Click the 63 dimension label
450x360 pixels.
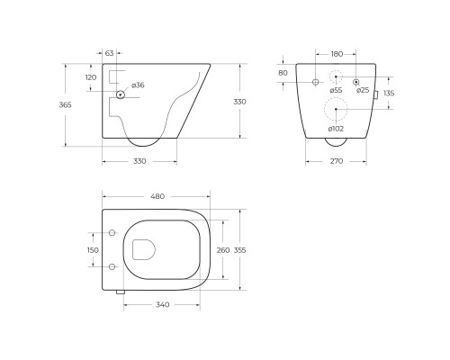coord(110,53)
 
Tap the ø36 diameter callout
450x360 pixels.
coord(138,85)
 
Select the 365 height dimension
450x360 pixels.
coord(65,105)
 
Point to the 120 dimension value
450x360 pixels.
coord(91,77)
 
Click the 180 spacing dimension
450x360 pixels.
coord(337,54)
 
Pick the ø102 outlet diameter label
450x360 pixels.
coord(336,129)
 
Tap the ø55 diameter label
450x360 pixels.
coord(336,90)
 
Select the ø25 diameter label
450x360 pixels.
coord(363,90)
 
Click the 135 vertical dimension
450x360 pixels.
coord(389,94)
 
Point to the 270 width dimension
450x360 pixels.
coord(337,161)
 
